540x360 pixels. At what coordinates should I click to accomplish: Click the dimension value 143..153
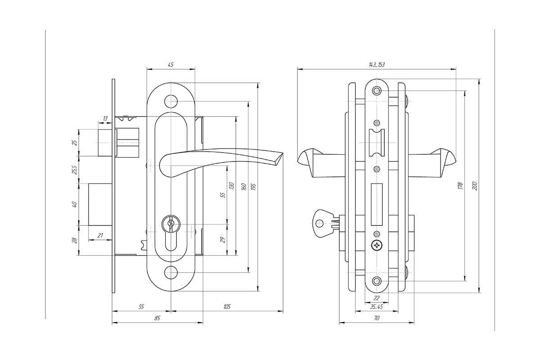pyautogui.click(x=377, y=65)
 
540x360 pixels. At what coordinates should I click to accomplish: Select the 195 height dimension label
pyautogui.click(x=253, y=187)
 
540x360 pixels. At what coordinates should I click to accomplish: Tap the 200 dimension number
pyautogui.click(x=475, y=186)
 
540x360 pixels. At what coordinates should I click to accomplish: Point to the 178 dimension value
pyautogui.click(x=460, y=186)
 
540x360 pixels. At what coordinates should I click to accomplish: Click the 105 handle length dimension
pyautogui.click(x=227, y=306)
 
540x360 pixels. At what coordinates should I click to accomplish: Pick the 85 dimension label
pyautogui.click(x=157, y=318)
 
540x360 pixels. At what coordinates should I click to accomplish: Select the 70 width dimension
pyautogui.click(x=377, y=318)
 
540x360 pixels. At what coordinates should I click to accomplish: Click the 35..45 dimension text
pyautogui.click(x=376, y=307)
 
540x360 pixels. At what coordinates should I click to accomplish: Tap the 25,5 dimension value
pyautogui.click(x=75, y=170)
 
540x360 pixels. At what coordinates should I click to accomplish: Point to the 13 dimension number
pyautogui.click(x=105, y=118)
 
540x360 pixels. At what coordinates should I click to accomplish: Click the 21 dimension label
pyautogui.click(x=100, y=235)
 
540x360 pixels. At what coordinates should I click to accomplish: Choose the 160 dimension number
pyautogui.click(x=243, y=187)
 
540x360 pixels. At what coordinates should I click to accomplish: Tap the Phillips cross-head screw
pyautogui.click(x=377, y=246)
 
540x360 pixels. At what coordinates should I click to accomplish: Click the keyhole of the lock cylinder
pyautogui.click(x=171, y=223)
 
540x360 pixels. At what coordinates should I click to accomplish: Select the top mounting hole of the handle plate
pyautogui.click(x=171, y=101)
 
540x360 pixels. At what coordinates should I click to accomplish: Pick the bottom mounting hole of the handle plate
pyautogui.click(x=171, y=272)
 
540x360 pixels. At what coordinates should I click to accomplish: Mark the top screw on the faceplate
pyautogui.click(x=377, y=91)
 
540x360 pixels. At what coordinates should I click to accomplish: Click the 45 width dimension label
pyautogui.click(x=171, y=65)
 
